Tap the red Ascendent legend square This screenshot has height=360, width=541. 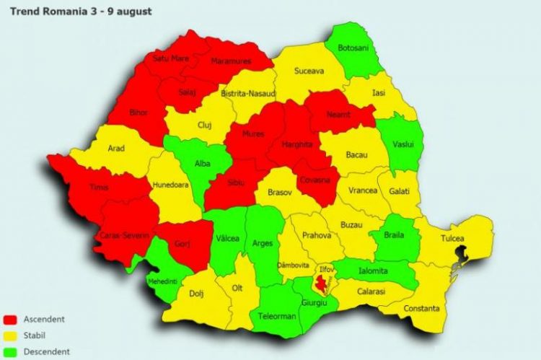(x=11, y=319)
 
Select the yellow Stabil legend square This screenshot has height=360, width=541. (x=11, y=335)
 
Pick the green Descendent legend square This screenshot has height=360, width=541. (x=11, y=352)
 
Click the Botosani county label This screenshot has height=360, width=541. (x=356, y=48)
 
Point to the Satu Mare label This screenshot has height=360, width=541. (x=170, y=59)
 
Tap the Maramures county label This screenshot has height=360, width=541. (x=231, y=61)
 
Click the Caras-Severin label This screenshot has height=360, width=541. (x=126, y=236)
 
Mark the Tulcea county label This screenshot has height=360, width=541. (x=453, y=239)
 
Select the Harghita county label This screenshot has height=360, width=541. (x=296, y=144)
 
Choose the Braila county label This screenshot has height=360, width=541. (x=398, y=234)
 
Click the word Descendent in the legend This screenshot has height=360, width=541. (x=47, y=352)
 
